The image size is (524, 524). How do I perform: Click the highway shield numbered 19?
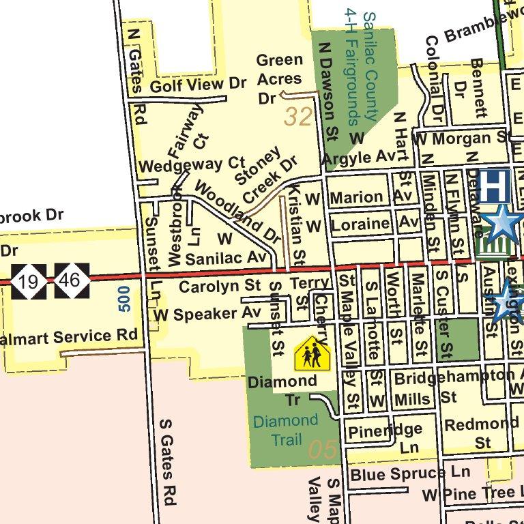click(29, 280)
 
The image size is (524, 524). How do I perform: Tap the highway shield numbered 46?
click(72, 280)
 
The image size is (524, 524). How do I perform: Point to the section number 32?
click(298, 117)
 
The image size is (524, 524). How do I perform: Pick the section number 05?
click(322, 450)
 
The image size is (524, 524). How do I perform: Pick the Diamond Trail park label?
click(285, 429)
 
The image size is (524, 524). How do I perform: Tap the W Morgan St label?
click(461, 139)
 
